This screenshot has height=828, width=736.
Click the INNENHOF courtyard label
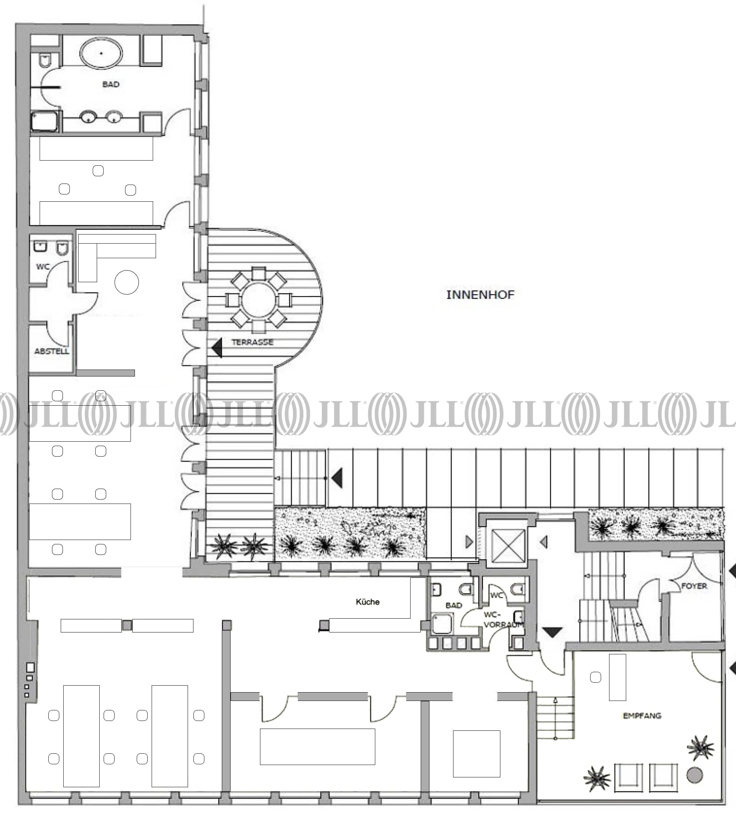(x=480, y=295)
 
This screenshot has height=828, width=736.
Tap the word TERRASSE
(x=252, y=342)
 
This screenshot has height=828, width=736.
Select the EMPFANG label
(x=642, y=716)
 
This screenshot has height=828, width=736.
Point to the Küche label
(x=368, y=602)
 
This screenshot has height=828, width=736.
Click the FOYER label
(x=694, y=586)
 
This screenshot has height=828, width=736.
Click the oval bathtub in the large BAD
(x=101, y=53)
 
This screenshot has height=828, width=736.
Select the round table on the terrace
(x=259, y=300)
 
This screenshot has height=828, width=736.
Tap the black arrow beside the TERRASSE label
(x=217, y=348)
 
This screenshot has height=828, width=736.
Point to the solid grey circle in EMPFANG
(x=694, y=775)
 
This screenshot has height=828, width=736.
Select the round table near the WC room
(x=127, y=282)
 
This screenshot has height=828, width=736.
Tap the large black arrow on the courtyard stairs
(x=337, y=478)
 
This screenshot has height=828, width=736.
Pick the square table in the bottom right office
(x=477, y=753)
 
